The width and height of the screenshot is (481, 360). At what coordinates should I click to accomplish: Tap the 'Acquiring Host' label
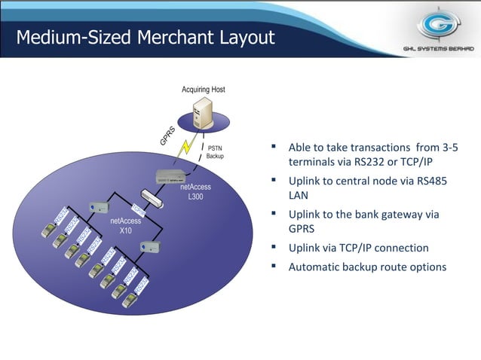[203, 90]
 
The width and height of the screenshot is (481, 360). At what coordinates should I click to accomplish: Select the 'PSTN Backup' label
[215, 152]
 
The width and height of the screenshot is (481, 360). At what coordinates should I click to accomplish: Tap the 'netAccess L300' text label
[200, 191]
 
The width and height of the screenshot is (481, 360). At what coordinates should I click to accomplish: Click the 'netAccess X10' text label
[121, 226]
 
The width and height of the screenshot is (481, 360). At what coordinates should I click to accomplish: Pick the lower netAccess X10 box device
[153, 245]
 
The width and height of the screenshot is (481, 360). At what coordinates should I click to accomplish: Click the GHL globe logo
[437, 26]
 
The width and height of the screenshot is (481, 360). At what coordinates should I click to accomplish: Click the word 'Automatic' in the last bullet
[314, 267]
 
